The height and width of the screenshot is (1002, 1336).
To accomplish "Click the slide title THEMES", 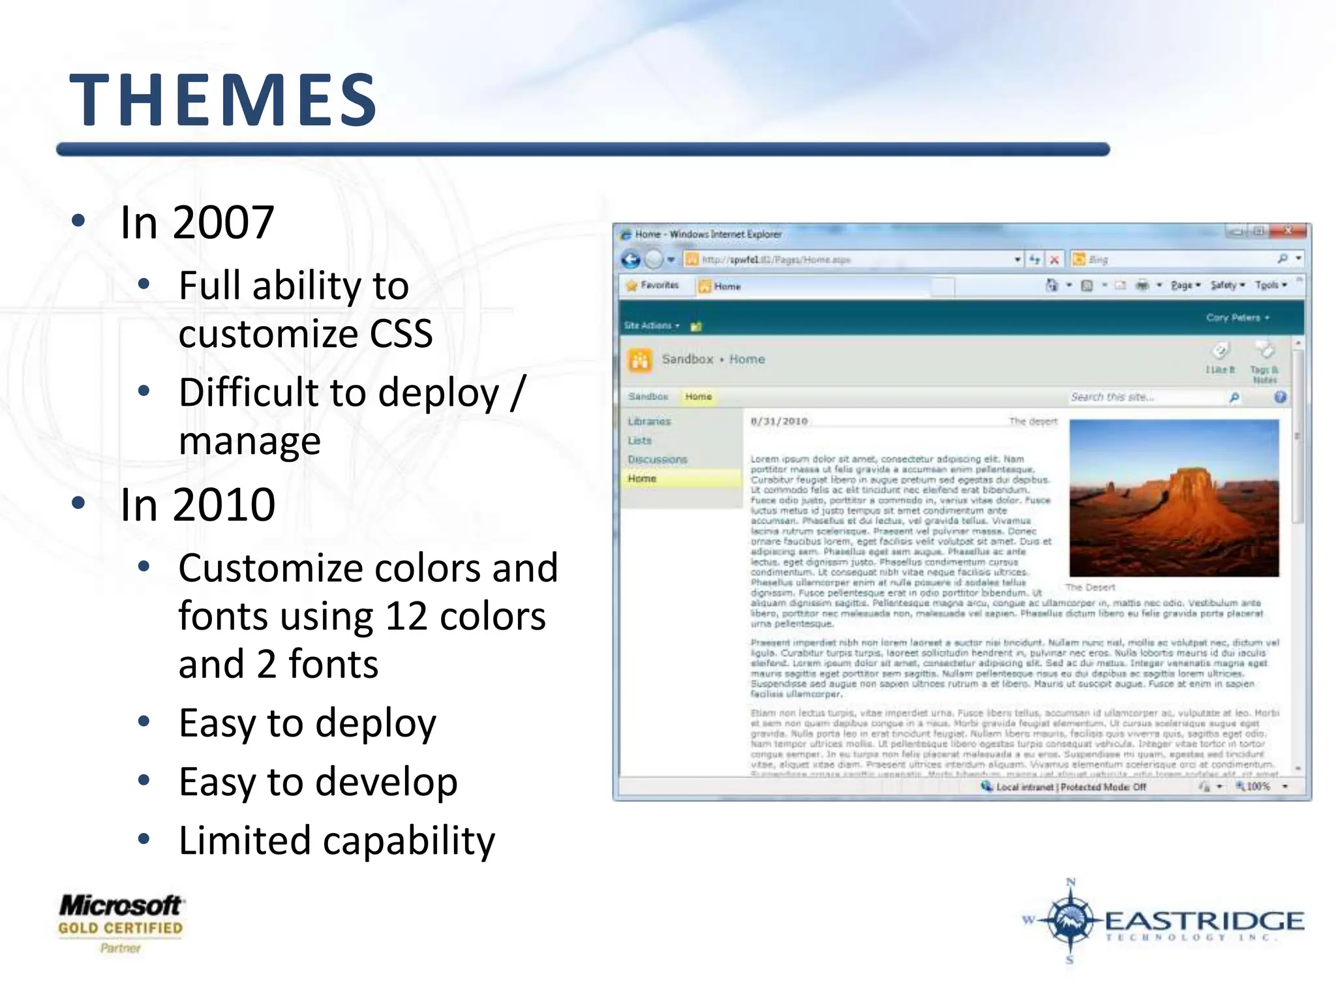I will (223, 100).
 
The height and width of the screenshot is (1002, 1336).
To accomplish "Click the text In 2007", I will (197, 222).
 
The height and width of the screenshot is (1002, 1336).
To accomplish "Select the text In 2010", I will (198, 504).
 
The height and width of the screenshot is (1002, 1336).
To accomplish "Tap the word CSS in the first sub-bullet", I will (401, 333).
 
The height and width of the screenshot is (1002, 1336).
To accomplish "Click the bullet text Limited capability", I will (337, 840).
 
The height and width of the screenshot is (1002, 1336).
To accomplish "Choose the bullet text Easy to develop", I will (318, 782).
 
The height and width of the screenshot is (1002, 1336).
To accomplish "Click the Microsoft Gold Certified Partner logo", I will (121, 922).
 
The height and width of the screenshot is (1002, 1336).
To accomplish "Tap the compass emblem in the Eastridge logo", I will (1070, 920).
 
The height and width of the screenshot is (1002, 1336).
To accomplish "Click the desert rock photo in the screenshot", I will (1174, 498).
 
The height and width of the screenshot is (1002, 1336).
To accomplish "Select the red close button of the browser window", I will (1288, 231).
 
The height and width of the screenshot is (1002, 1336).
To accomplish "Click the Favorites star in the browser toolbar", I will (631, 286).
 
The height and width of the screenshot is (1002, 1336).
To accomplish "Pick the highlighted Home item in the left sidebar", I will (643, 479).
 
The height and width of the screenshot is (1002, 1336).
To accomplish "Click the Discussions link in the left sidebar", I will (657, 460).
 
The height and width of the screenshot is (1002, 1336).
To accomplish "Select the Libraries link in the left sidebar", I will (649, 421).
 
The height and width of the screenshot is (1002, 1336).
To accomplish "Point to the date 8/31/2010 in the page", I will (779, 421).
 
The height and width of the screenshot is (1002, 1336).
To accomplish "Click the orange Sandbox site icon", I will (640, 359).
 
